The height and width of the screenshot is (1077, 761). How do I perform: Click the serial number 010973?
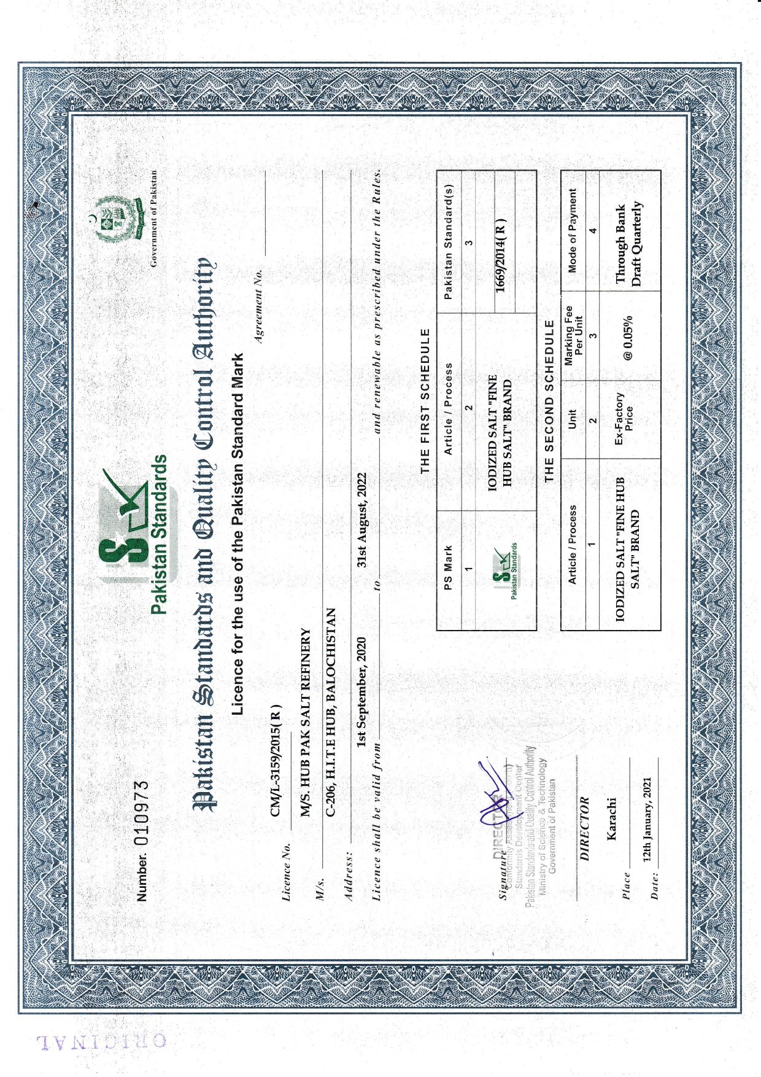[x=142, y=814]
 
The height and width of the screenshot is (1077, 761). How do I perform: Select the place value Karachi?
[x=611, y=818]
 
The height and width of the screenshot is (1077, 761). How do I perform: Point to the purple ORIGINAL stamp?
[x=101, y=1040]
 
